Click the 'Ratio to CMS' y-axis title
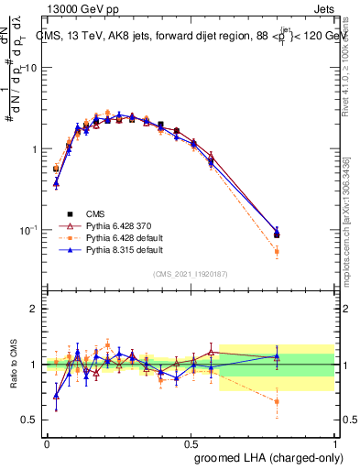(x=12, y=365)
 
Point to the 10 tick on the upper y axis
(x=31, y=69)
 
